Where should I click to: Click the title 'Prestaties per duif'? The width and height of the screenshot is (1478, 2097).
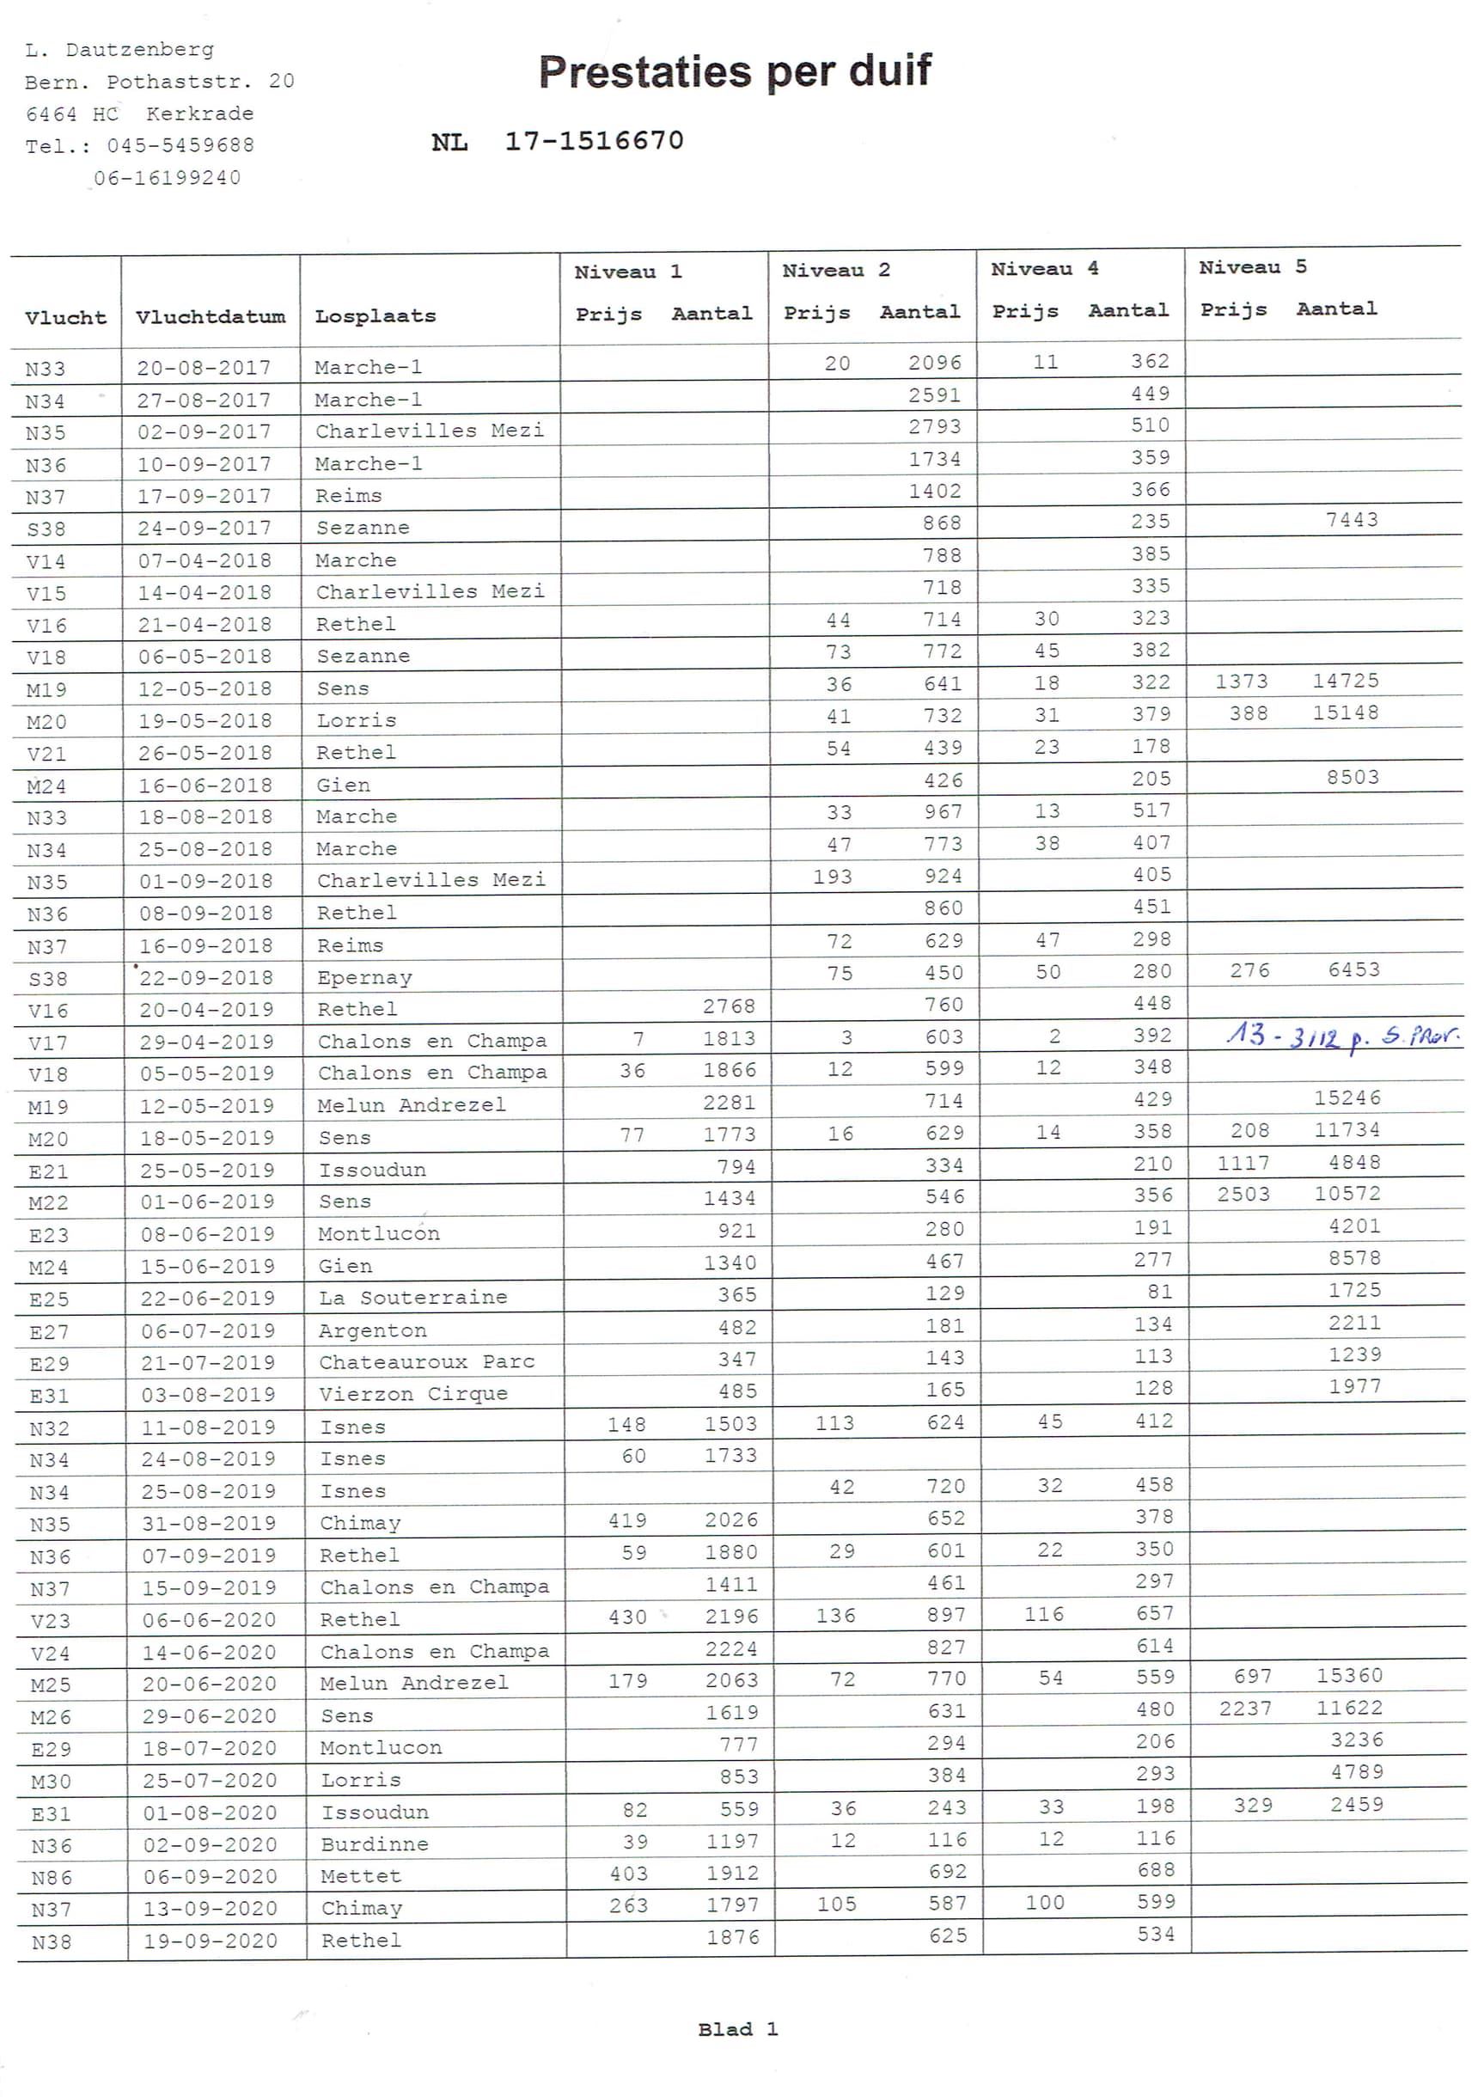click(x=735, y=71)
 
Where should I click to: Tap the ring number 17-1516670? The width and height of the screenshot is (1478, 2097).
click(x=594, y=141)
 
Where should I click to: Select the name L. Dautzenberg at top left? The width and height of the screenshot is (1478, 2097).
click(x=119, y=49)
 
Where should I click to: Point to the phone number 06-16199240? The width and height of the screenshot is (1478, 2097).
click(x=168, y=177)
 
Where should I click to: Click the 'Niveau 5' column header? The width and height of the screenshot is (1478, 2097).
click(x=1251, y=267)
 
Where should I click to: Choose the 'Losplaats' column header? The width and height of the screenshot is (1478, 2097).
click(x=375, y=316)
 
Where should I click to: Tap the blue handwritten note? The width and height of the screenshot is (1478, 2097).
click(x=1342, y=1036)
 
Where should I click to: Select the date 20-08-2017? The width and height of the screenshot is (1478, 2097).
click(x=204, y=367)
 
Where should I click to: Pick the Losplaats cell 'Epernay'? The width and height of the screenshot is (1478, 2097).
click(x=364, y=977)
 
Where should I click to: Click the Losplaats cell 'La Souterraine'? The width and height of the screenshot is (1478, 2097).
click(x=412, y=1297)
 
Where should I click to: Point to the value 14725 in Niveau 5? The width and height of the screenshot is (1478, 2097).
click(x=1345, y=681)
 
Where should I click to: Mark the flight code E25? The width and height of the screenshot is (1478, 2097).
click(x=48, y=1299)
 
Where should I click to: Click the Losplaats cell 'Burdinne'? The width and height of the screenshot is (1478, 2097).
click(x=375, y=1843)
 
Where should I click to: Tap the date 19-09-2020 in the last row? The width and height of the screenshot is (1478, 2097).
click(x=210, y=1940)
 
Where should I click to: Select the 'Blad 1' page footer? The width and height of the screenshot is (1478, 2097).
click(x=737, y=2028)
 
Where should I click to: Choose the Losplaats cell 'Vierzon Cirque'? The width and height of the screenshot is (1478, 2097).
click(x=412, y=1393)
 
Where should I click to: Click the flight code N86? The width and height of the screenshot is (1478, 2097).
click(x=52, y=1878)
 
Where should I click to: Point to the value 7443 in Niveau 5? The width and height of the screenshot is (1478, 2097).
click(x=1351, y=520)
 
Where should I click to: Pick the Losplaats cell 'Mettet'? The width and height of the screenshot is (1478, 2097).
click(x=361, y=1876)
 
